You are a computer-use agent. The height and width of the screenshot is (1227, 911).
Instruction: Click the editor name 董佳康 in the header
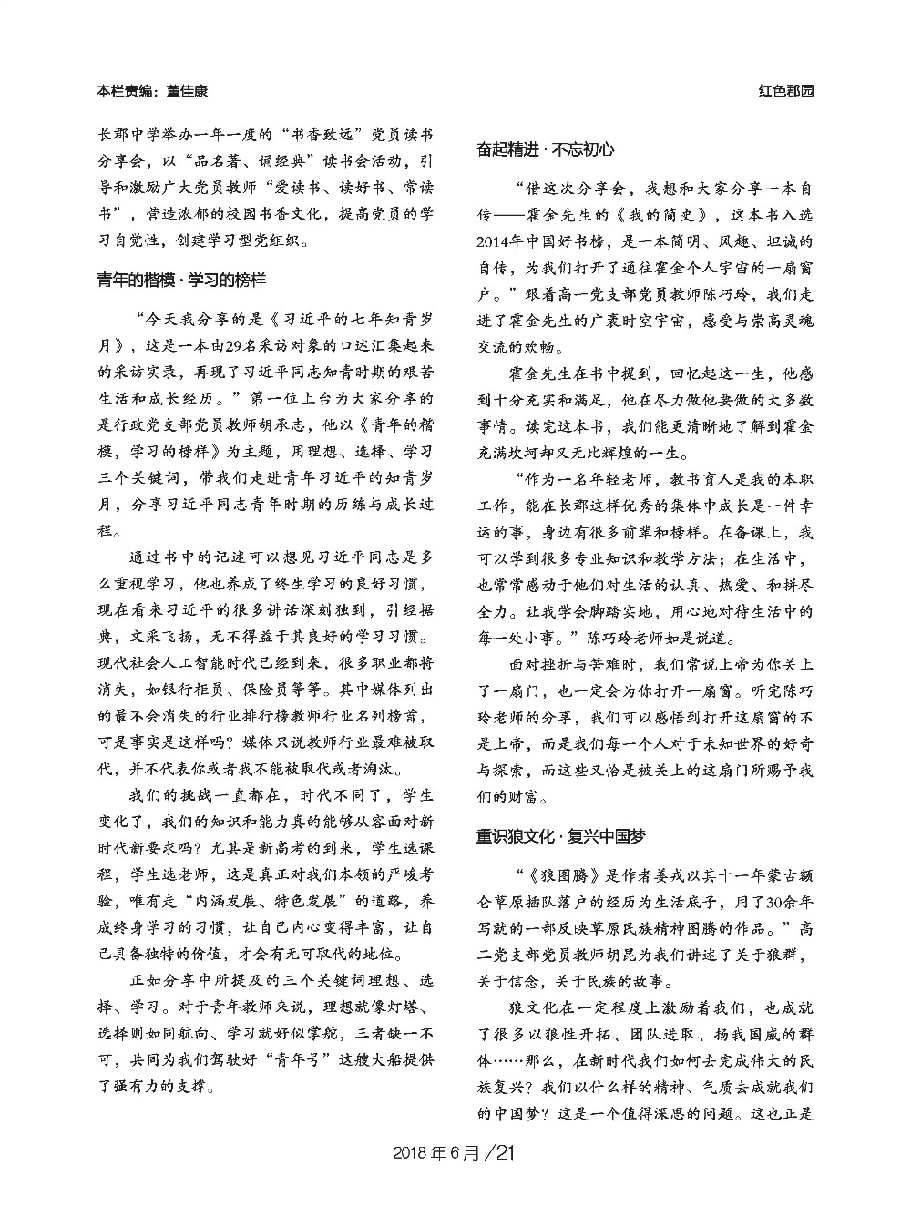click(186, 91)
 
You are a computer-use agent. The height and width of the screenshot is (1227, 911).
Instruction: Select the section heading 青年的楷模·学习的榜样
click(181, 279)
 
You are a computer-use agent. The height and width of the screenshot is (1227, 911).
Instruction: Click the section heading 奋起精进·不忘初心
click(545, 149)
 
